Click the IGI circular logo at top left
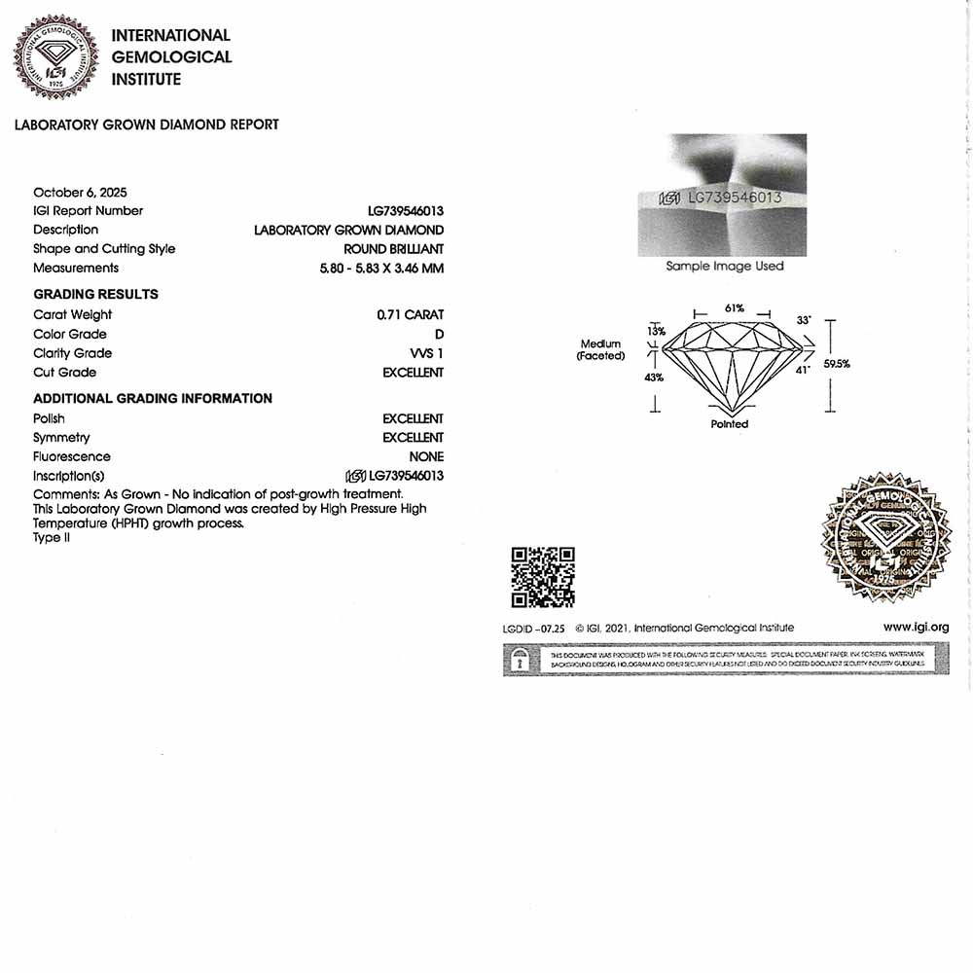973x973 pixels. pos(55,56)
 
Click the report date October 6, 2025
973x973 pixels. pos(80,192)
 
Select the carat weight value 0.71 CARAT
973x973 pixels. pos(410,314)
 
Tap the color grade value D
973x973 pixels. pos(439,334)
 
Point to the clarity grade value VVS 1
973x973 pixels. pos(426,353)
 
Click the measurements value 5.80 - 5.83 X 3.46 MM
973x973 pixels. pos(381,268)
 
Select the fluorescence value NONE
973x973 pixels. pos(426,456)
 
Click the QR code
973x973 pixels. pos(543,577)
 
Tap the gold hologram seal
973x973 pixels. pos(886,538)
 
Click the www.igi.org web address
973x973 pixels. pos(916,628)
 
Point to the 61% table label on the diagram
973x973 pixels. pos(735,308)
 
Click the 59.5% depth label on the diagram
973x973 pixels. pos(837,364)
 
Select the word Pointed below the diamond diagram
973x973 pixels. pos(730,424)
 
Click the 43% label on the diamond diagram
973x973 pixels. pos(654,378)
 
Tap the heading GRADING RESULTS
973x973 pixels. pos(95,294)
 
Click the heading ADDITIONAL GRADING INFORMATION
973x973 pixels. pos(153,398)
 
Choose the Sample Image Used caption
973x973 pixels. pos(724,266)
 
